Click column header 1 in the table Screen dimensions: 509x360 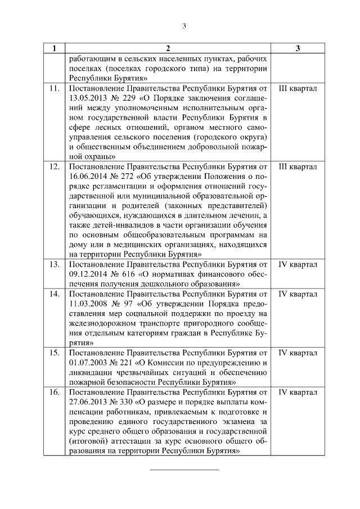click(54, 49)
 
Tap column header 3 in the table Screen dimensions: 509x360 click(298, 49)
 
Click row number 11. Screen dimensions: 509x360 click(55, 89)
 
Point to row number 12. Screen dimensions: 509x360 click(55, 167)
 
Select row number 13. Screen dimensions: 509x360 click(55, 264)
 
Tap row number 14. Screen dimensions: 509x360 click(55, 294)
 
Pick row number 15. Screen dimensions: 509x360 click(55, 353)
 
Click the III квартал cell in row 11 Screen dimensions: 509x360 click(298, 89)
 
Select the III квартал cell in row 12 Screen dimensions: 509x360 click(298, 167)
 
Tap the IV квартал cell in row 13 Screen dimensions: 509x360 click(298, 264)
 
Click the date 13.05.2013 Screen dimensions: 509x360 click(88, 99)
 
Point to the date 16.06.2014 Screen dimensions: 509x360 click(88, 177)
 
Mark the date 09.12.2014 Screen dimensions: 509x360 click(88, 274)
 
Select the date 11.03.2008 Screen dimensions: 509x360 click(88, 304)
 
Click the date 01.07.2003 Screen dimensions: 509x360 click(88, 363)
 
